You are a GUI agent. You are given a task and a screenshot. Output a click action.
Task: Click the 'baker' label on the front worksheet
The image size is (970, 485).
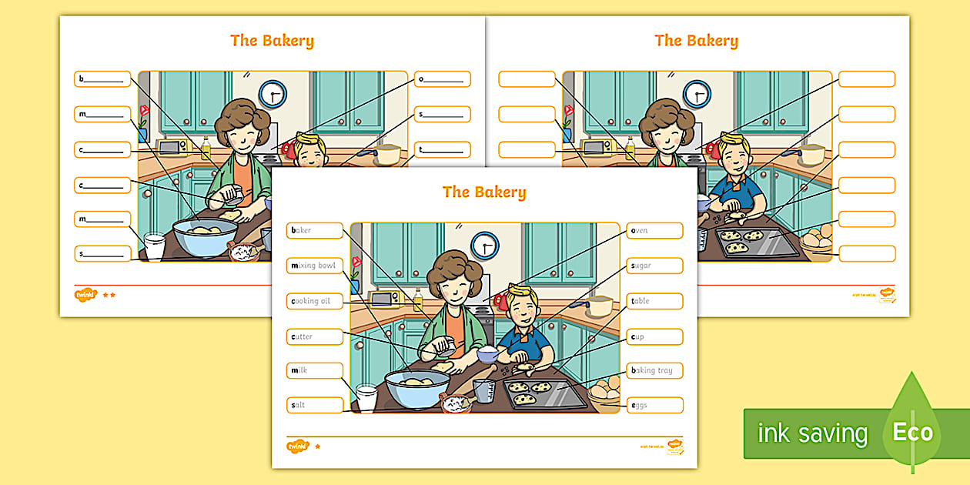pyautogui.click(x=315, y=230)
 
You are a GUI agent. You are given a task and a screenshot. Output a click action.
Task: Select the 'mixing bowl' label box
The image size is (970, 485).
pyautogui.click(x=315, y=266)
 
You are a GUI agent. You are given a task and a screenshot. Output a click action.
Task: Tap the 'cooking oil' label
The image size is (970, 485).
pyautogui.click(x=315, y=301)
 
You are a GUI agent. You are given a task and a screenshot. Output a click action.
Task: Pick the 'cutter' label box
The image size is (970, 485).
pyautogui.click(x=315, y=336)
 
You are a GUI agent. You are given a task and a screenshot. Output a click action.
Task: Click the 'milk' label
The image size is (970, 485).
pyautogui.click(x=315, y=370)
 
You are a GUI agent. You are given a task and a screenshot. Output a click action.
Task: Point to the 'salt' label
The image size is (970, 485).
pyautogui.click(x=315, y=405)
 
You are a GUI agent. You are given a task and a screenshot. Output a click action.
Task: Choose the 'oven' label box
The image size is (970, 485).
pyautogui.click(x=654, y=230)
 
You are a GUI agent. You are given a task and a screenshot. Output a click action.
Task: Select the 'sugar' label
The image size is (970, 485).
pyautogui.click(x=654, y=266)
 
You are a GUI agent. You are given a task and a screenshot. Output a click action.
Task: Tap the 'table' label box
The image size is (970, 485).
pyautogui.click(x=654, y=301)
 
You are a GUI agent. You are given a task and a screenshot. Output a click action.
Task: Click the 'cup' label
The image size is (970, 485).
pyautogui.click(x=654, y=336)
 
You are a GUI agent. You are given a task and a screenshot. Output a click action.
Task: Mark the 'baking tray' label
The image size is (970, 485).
pyautogui.click(x=654, y=370)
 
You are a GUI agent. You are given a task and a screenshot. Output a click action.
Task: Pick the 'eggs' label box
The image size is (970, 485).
pyautogui.click(x=654, y=405)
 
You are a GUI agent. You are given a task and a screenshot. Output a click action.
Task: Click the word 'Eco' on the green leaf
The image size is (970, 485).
pyautogui.click(x=912, y=432)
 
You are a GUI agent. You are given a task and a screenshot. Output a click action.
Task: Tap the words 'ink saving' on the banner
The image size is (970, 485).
pyautogui.click(x=812, y=433)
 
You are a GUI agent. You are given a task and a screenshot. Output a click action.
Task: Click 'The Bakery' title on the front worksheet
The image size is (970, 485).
pyautogui.click(x=484, y=192)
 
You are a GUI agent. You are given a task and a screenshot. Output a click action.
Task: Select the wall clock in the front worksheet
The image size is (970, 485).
pyautogui.click(x=485, y=246)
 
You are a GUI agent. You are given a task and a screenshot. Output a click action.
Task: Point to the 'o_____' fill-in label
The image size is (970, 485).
pyautogui.click(x=442, y=79)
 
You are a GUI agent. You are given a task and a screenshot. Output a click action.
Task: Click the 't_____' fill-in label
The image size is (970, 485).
pyautogui.click(x=442, y=149)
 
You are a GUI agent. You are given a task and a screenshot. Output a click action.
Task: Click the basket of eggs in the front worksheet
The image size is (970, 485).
pyautogui.click(x=604, y=390)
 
